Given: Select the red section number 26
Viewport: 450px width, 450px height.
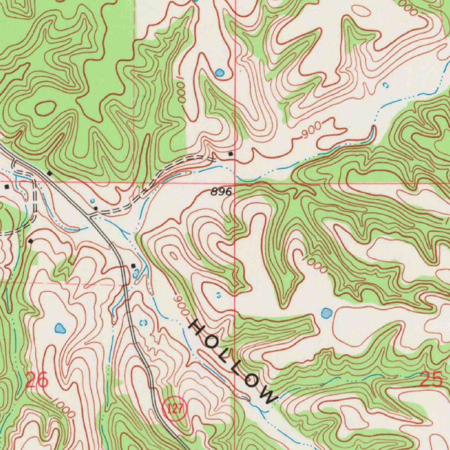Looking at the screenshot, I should [x=37, y=380].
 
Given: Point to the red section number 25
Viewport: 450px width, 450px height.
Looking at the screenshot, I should [x=431, y=379].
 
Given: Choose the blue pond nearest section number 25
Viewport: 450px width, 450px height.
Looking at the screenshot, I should [x=326, y=313].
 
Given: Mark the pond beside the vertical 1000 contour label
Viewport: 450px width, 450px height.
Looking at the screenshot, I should [x=219, y=72].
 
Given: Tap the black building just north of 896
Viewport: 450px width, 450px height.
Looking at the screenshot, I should [x=231, y=154].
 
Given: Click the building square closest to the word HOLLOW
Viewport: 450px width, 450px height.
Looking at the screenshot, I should [x=134, y=266].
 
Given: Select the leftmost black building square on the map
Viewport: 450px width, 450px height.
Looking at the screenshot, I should [x=7, y=187].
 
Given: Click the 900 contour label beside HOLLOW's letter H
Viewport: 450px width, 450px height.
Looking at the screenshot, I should [x=181, y=305].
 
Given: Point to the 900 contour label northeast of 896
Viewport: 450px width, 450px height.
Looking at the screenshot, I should [x=312, y=131].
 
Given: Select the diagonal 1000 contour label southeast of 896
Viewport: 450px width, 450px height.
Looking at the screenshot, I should [x=316, y=265].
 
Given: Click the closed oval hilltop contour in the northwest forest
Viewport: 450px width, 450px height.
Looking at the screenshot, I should [x=46, y=108].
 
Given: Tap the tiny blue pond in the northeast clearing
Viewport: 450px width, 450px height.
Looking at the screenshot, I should [x=385, y=85].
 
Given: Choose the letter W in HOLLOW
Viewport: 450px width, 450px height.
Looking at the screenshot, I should [x=267, y=394].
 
